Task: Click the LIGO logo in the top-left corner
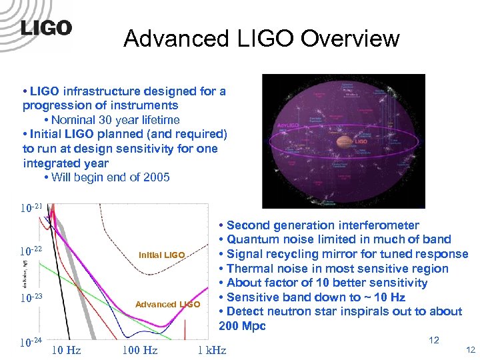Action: [46, 28]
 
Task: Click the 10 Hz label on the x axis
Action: [67, 350]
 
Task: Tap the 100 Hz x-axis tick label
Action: [139, 350]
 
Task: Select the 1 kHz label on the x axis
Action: [211, 350]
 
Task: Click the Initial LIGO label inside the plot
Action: [161, 255]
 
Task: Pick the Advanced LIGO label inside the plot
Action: [167, 305]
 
